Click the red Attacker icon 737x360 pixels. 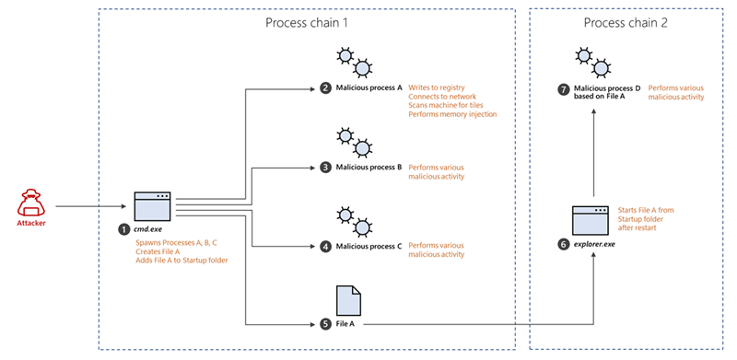(31, 203)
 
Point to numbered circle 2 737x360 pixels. (325, 88)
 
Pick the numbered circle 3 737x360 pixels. (325, 168)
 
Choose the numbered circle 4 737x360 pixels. (325, 246)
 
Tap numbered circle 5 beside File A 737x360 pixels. (325, 323)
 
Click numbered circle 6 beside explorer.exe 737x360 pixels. (566, 245)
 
